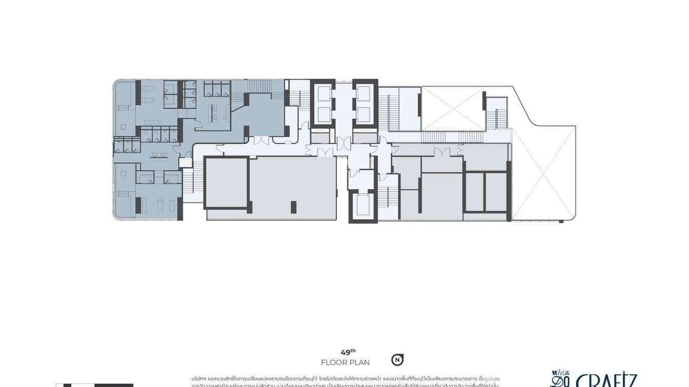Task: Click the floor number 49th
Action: pos(348,352)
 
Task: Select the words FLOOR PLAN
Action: pos(345,362)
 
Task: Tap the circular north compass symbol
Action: pos(397,360)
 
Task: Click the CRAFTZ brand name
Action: pos(606,381)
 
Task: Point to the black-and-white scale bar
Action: pos(94,385)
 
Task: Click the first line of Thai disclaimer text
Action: pos(349,378)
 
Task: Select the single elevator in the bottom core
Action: pos(363,204)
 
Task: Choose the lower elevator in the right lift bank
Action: pos(364,114)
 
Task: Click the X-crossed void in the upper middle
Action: pos(452,108)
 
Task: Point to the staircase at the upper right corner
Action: pos(496,113)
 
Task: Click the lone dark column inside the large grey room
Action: pos(294,207)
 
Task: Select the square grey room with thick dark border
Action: pos(226,182)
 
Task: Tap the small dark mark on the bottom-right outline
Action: pos(561,221)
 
